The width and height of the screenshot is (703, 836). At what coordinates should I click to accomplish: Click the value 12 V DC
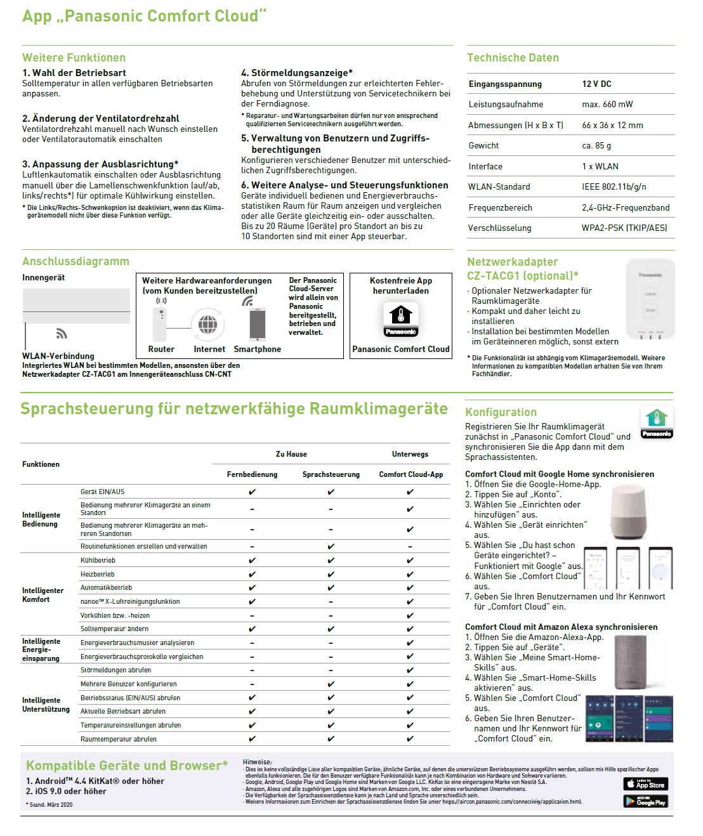click(596, 84)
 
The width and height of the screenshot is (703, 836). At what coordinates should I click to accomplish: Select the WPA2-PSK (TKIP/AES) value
click(624, 228)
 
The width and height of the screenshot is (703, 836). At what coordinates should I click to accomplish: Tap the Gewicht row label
click(483, 145)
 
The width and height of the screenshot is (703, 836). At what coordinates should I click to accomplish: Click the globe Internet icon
click(207, 325)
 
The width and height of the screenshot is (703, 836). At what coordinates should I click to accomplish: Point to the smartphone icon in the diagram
click(258, 325)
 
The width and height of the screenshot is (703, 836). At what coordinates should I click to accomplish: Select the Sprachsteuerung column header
click(331, 474)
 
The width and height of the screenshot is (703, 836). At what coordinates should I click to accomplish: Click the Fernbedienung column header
click(252, 474)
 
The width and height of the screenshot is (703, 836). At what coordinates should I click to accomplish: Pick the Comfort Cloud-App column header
click(411, 474)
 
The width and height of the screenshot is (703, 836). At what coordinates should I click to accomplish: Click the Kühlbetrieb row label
click(98, 560)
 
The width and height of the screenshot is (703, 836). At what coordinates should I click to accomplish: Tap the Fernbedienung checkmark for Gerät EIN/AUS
click(252, 492)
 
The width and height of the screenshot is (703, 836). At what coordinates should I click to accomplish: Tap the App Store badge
click(645, 784)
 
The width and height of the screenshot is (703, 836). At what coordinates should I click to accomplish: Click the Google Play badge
click(645, 801)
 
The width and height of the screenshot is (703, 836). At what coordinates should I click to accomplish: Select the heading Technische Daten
click(513, 58)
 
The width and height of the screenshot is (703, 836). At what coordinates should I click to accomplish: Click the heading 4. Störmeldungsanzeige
click(296, 73)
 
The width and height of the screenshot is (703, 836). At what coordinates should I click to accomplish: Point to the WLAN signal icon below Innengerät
click(62, 334)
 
